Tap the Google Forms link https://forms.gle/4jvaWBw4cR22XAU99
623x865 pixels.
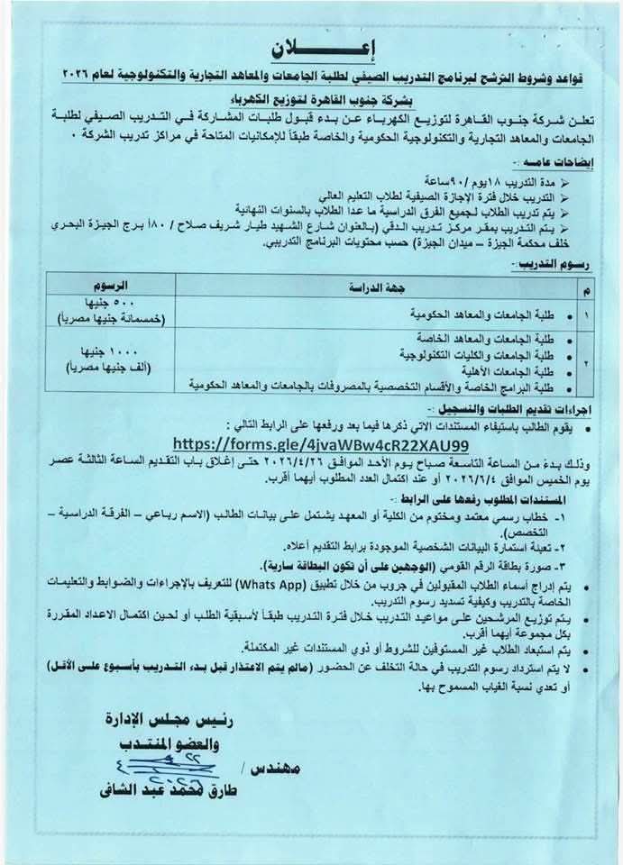(x=319, y=445)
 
